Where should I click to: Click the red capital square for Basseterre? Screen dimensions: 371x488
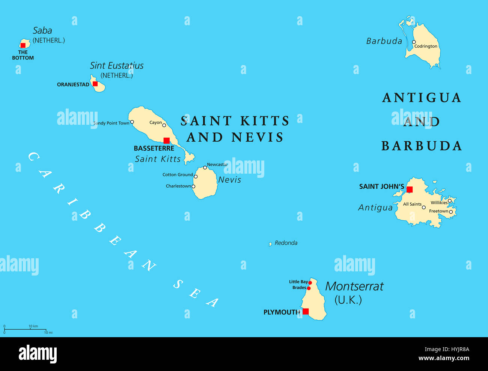[167, 141]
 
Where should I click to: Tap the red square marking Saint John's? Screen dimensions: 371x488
[410, 189]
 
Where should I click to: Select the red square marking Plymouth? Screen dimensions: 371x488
[306, 311]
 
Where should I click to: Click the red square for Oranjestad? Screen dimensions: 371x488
[95, 84]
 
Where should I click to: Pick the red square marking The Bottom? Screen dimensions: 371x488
[23, 45]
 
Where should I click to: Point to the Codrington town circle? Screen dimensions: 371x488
[414, 42]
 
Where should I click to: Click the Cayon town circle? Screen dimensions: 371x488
[164, 125]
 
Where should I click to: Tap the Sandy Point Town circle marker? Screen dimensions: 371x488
[132, 122]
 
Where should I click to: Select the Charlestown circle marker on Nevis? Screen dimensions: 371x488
[193, 186]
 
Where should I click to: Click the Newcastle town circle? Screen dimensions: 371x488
[205, 168]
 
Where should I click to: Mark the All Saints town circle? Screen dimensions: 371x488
[424, 207]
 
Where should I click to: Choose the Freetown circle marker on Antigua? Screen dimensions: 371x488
[451, 212]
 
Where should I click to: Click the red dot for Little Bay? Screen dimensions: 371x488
[310, 283]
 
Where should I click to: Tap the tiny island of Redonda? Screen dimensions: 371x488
[270, 244]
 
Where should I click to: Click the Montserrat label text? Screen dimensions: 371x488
[354, 286]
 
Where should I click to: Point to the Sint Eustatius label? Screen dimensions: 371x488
[117, 65]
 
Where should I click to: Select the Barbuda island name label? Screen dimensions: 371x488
[384, 41]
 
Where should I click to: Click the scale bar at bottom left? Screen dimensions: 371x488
[25, 329]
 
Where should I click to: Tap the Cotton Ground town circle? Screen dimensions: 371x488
[196, 176]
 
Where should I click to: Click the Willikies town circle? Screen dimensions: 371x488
[450, 201]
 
